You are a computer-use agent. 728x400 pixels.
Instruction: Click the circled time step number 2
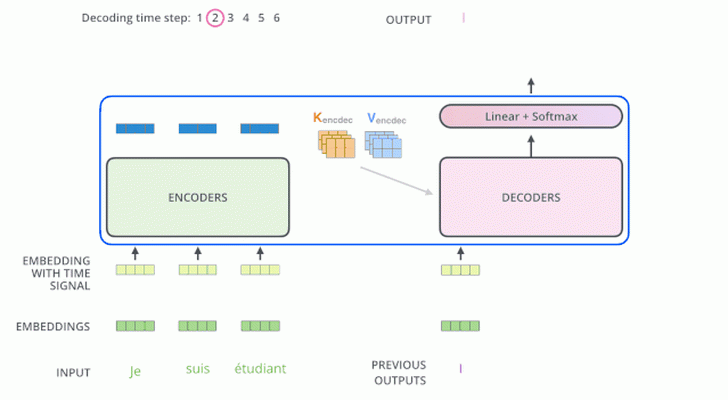tap(215, 18)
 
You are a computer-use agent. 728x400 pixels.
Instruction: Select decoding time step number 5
tap(261, 18)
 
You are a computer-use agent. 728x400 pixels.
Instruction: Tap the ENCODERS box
tap(198, 197)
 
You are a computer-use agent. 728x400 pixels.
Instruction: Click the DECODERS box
tap(531, 197)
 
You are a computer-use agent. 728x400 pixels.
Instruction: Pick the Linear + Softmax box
tap(531, 116)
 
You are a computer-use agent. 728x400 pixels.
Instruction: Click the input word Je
tap(135, 371)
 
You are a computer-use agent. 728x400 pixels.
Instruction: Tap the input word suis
tap(198, 369)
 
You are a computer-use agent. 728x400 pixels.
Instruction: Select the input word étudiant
tap(260, 369)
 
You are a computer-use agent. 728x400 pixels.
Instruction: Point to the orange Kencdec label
tap(332, 118)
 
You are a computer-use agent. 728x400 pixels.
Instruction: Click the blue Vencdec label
tap(386, 119)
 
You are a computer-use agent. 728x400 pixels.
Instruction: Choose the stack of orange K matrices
tap(337, 144)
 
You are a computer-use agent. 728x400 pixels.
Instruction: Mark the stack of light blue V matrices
tap(384, 144)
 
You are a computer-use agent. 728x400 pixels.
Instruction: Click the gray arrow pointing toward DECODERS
tap(396, 181)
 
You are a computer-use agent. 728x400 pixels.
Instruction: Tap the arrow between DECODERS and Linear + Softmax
tap(531, 146)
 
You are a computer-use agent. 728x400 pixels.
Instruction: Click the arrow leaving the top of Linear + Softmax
tap(531, 86)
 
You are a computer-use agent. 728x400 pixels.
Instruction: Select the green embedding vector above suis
tap(197, 326)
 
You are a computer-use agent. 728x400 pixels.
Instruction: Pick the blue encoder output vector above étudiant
tap(260, 129)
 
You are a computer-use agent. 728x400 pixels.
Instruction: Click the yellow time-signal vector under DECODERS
tap(461, 270)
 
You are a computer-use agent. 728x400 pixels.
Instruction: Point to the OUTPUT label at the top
tap(409, 20)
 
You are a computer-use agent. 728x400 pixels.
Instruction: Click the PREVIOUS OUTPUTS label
tap(399, 373)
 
